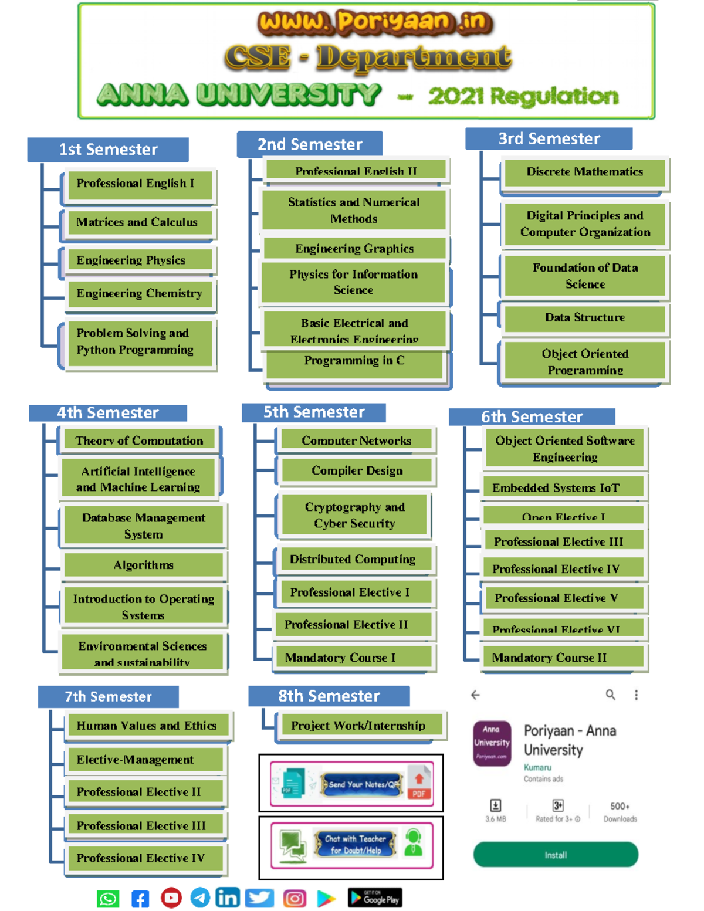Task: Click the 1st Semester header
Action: click(x=108, y=150)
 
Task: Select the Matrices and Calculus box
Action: click(x=138, y=222)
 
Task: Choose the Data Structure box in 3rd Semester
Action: click(x=584, y=318)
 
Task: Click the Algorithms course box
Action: click(x=144, y=565)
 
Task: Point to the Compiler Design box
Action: click(x=357, y=470)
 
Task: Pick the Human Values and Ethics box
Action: click(x=147, y=726)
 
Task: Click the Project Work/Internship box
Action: click(x=358, y=726)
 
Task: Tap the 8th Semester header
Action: click(x=329, y=696)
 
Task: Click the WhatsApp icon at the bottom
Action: click(x=108, y=899)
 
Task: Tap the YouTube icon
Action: click(x=171, y=898)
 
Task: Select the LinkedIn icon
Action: click(x=228, y=898)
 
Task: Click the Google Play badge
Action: click(x=375, y=898)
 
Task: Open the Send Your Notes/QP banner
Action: click(x=351, y=784)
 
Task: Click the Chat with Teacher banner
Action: click(x=351, y=845)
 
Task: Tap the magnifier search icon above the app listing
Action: click(x=610, y=695)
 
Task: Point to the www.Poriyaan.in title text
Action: click(x=375, y=22)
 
